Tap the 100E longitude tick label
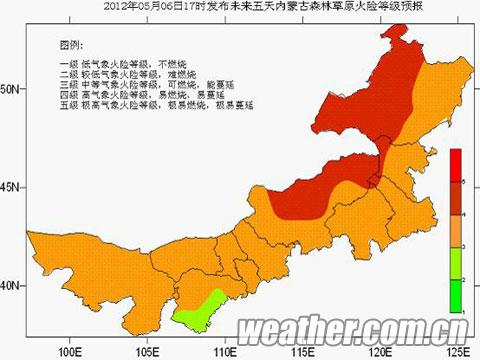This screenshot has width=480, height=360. coord(70,351)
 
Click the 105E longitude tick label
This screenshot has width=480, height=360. coord(147,351)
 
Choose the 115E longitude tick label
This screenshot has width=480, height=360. coord(301,351)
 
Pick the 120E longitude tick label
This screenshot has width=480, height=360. coord(379,351)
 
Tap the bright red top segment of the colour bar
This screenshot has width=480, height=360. coord(454,164)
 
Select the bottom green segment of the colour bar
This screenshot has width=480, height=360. coord(454,296)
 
